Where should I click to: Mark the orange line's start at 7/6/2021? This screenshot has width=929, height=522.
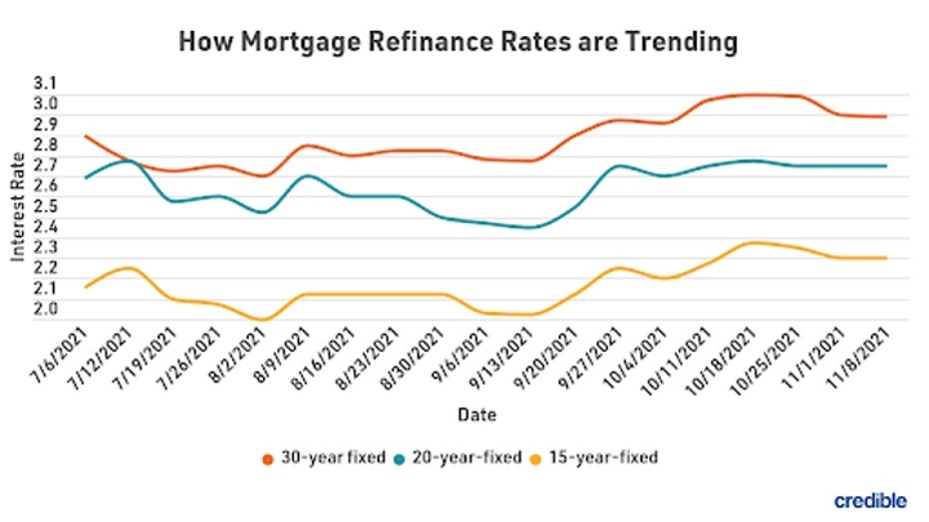86,135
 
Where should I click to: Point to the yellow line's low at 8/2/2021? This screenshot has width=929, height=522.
262,320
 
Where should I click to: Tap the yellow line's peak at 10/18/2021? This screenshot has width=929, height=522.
753,242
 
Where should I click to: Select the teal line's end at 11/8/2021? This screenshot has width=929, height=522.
885,165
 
